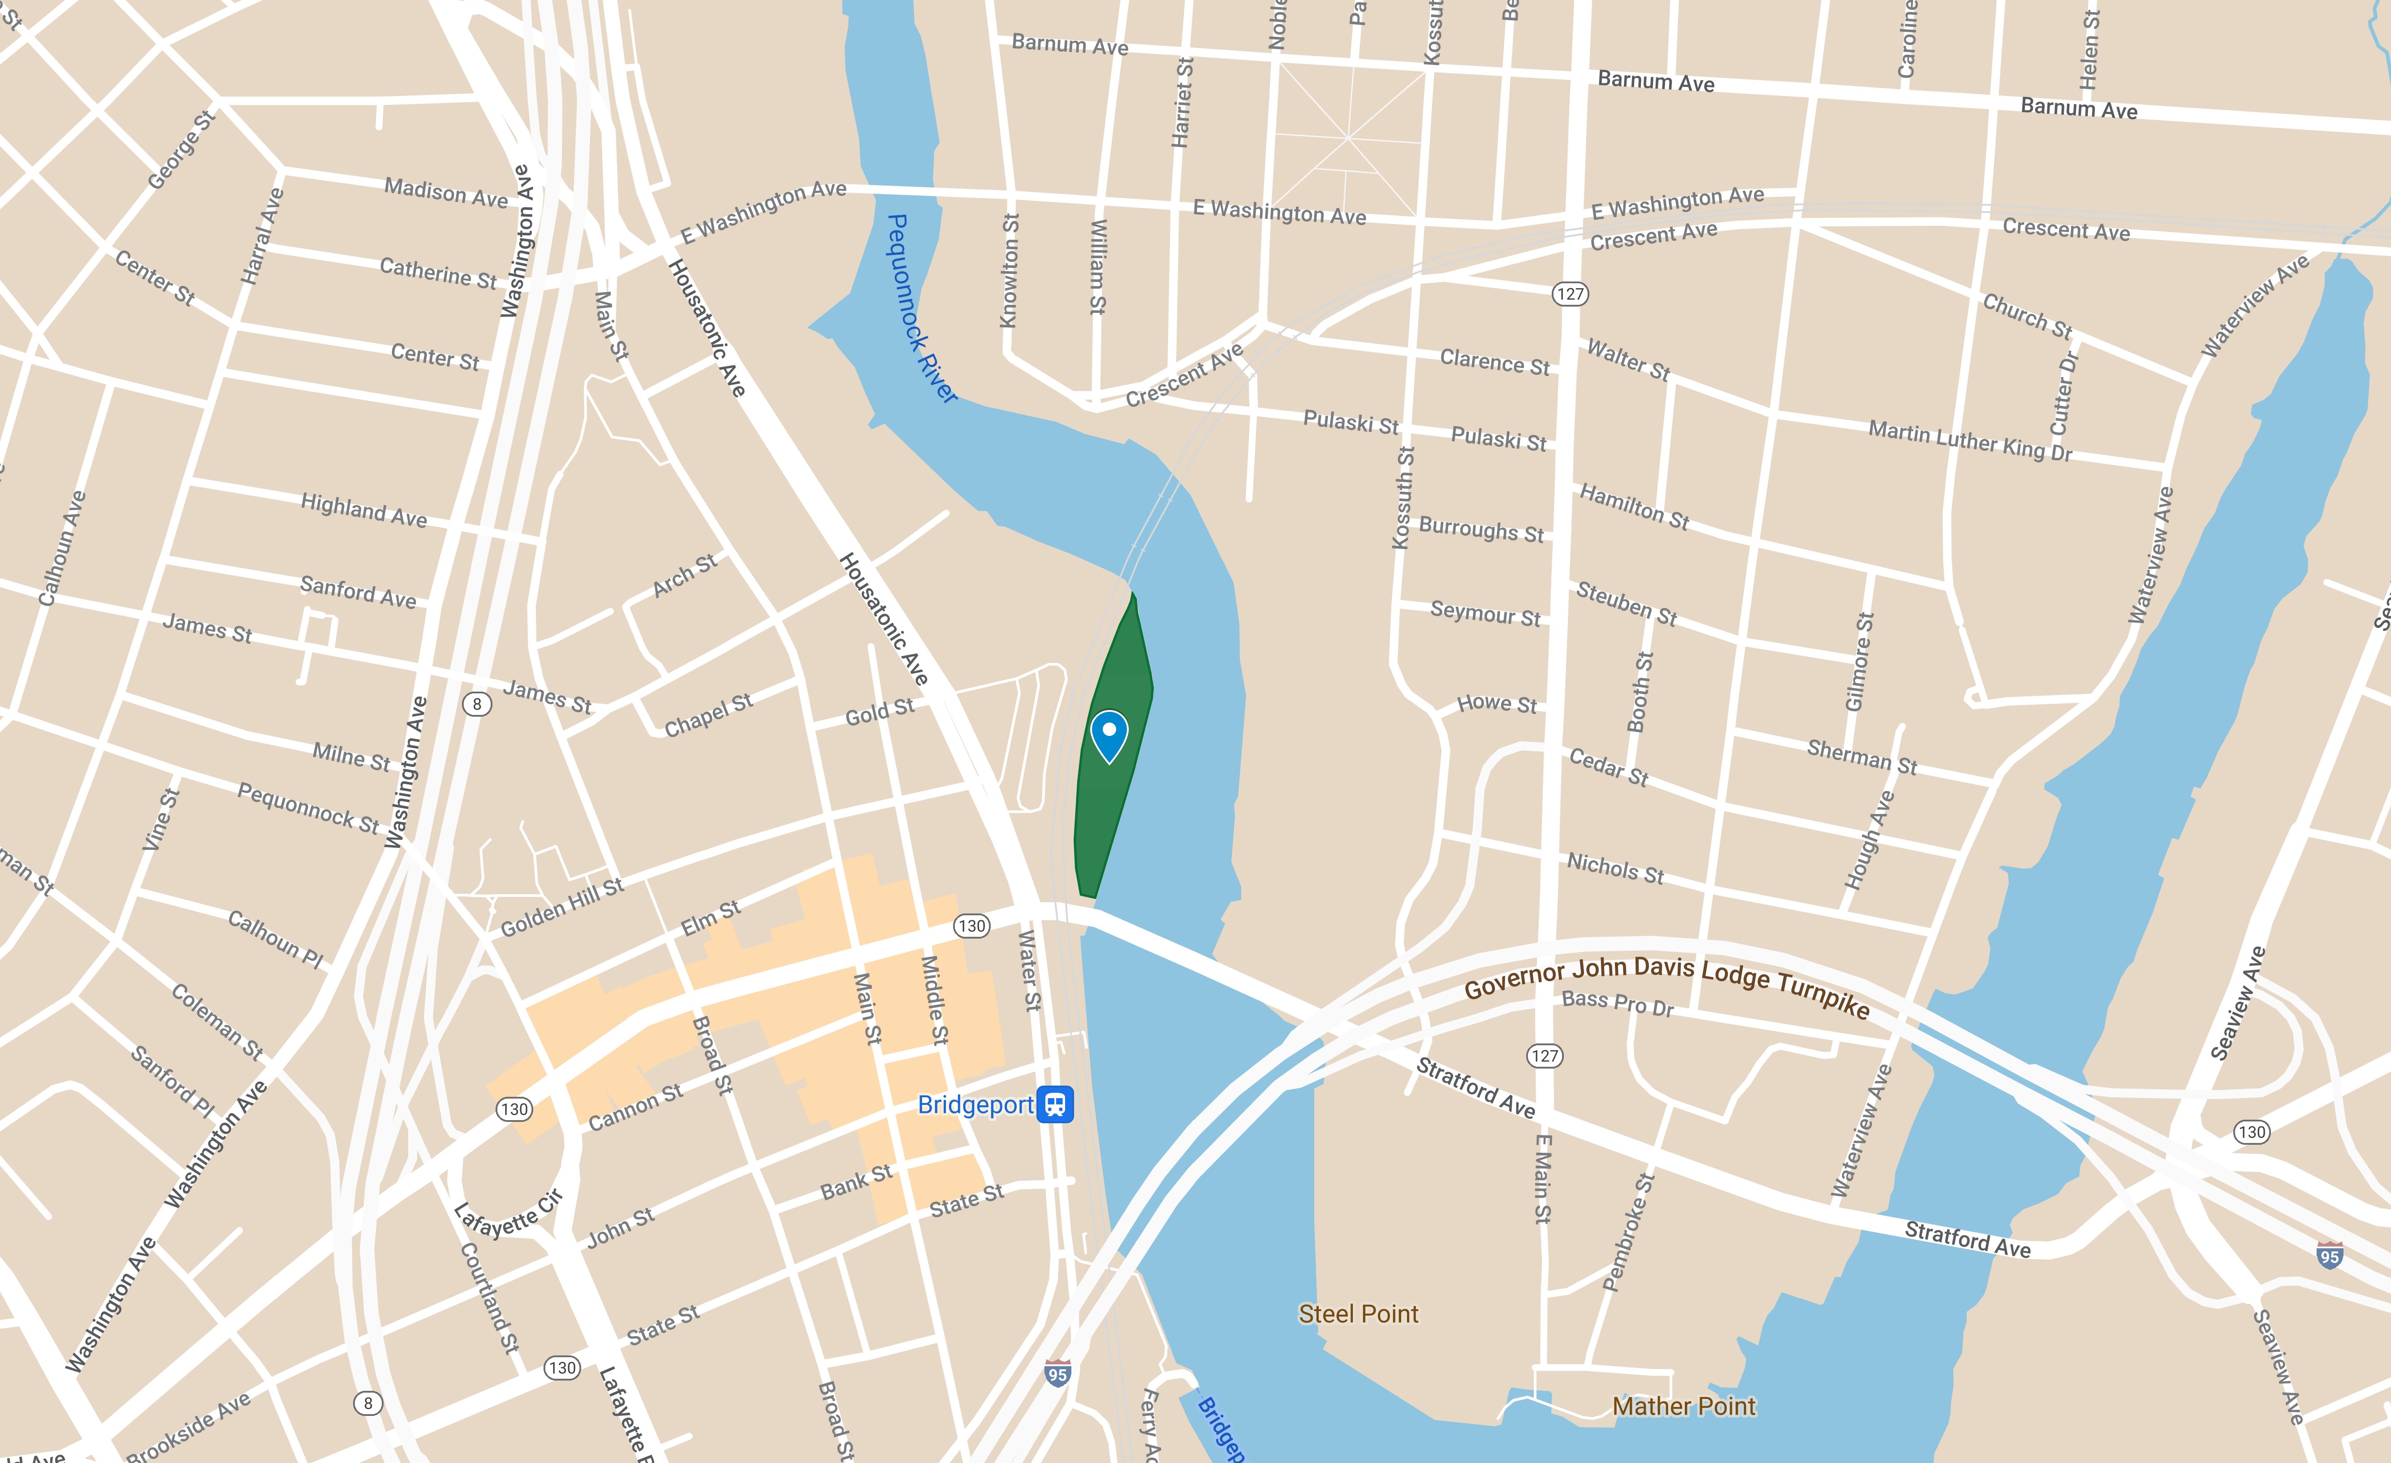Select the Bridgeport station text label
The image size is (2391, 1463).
click(975, 1105)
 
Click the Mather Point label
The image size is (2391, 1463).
click(1683, 1406)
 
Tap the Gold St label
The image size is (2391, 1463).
click(879, 713)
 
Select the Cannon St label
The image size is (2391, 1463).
click(635, 1107)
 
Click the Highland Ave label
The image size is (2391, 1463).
click(364, 510)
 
